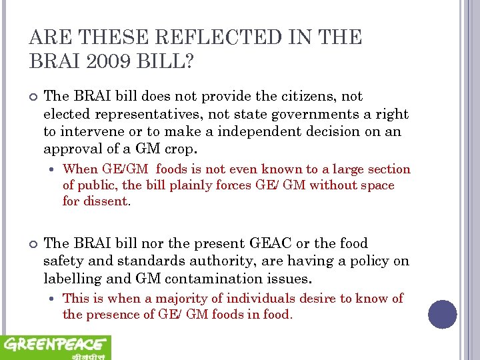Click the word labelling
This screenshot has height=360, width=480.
[x=73, y=279]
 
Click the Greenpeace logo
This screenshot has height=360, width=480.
[x=55, y=347]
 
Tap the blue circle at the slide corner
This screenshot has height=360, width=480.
[x=442, y=314]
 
